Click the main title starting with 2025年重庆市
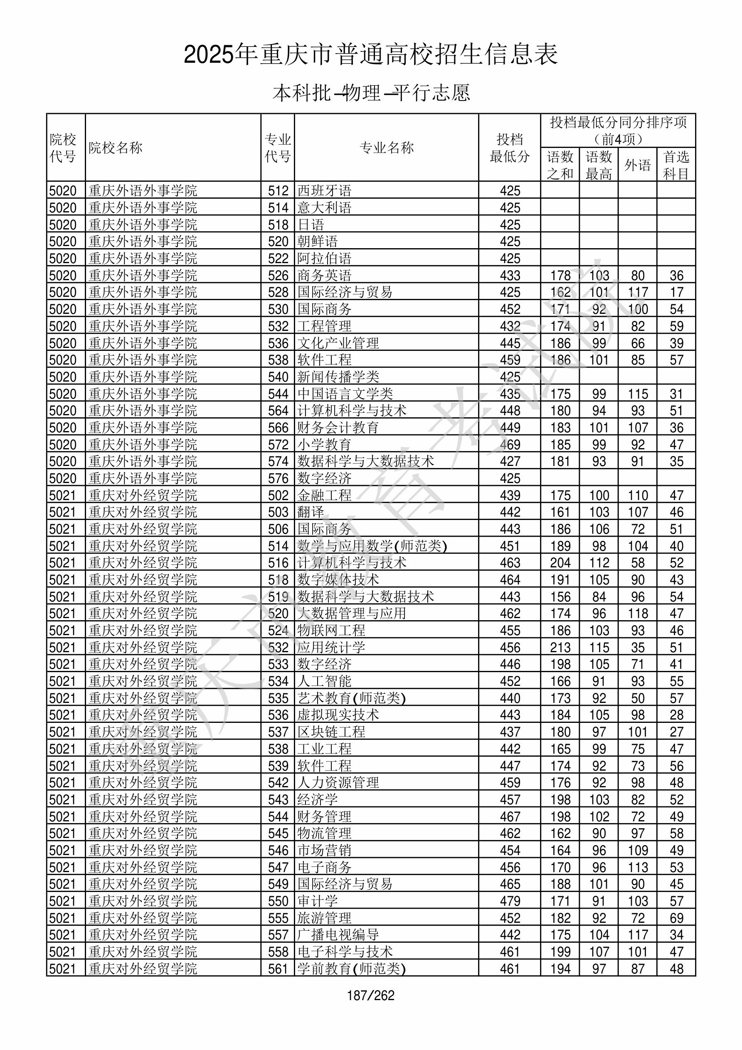(x=370, y=54)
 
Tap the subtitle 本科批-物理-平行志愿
(x=370, y=93)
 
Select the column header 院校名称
(x=116, y=148)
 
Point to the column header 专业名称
(x=386, y=148)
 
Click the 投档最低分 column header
(x=509, y=148)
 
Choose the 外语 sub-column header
(x=637, y=165)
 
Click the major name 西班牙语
(x=324, y=191)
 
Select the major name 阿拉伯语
(x=324, y=259)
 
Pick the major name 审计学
(x=318, y=901)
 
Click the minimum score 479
(x=510, y=901)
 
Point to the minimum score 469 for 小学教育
(x=510, y=444)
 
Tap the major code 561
(x=278, y=969)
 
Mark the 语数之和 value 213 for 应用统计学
(x=560, y=648)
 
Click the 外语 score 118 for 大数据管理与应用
(x=637, y=614)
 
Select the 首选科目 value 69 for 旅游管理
(x=676, y=918)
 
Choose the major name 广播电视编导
(x=338, y=935)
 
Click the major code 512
(x=278, y=191)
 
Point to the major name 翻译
(x=311, y=512)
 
